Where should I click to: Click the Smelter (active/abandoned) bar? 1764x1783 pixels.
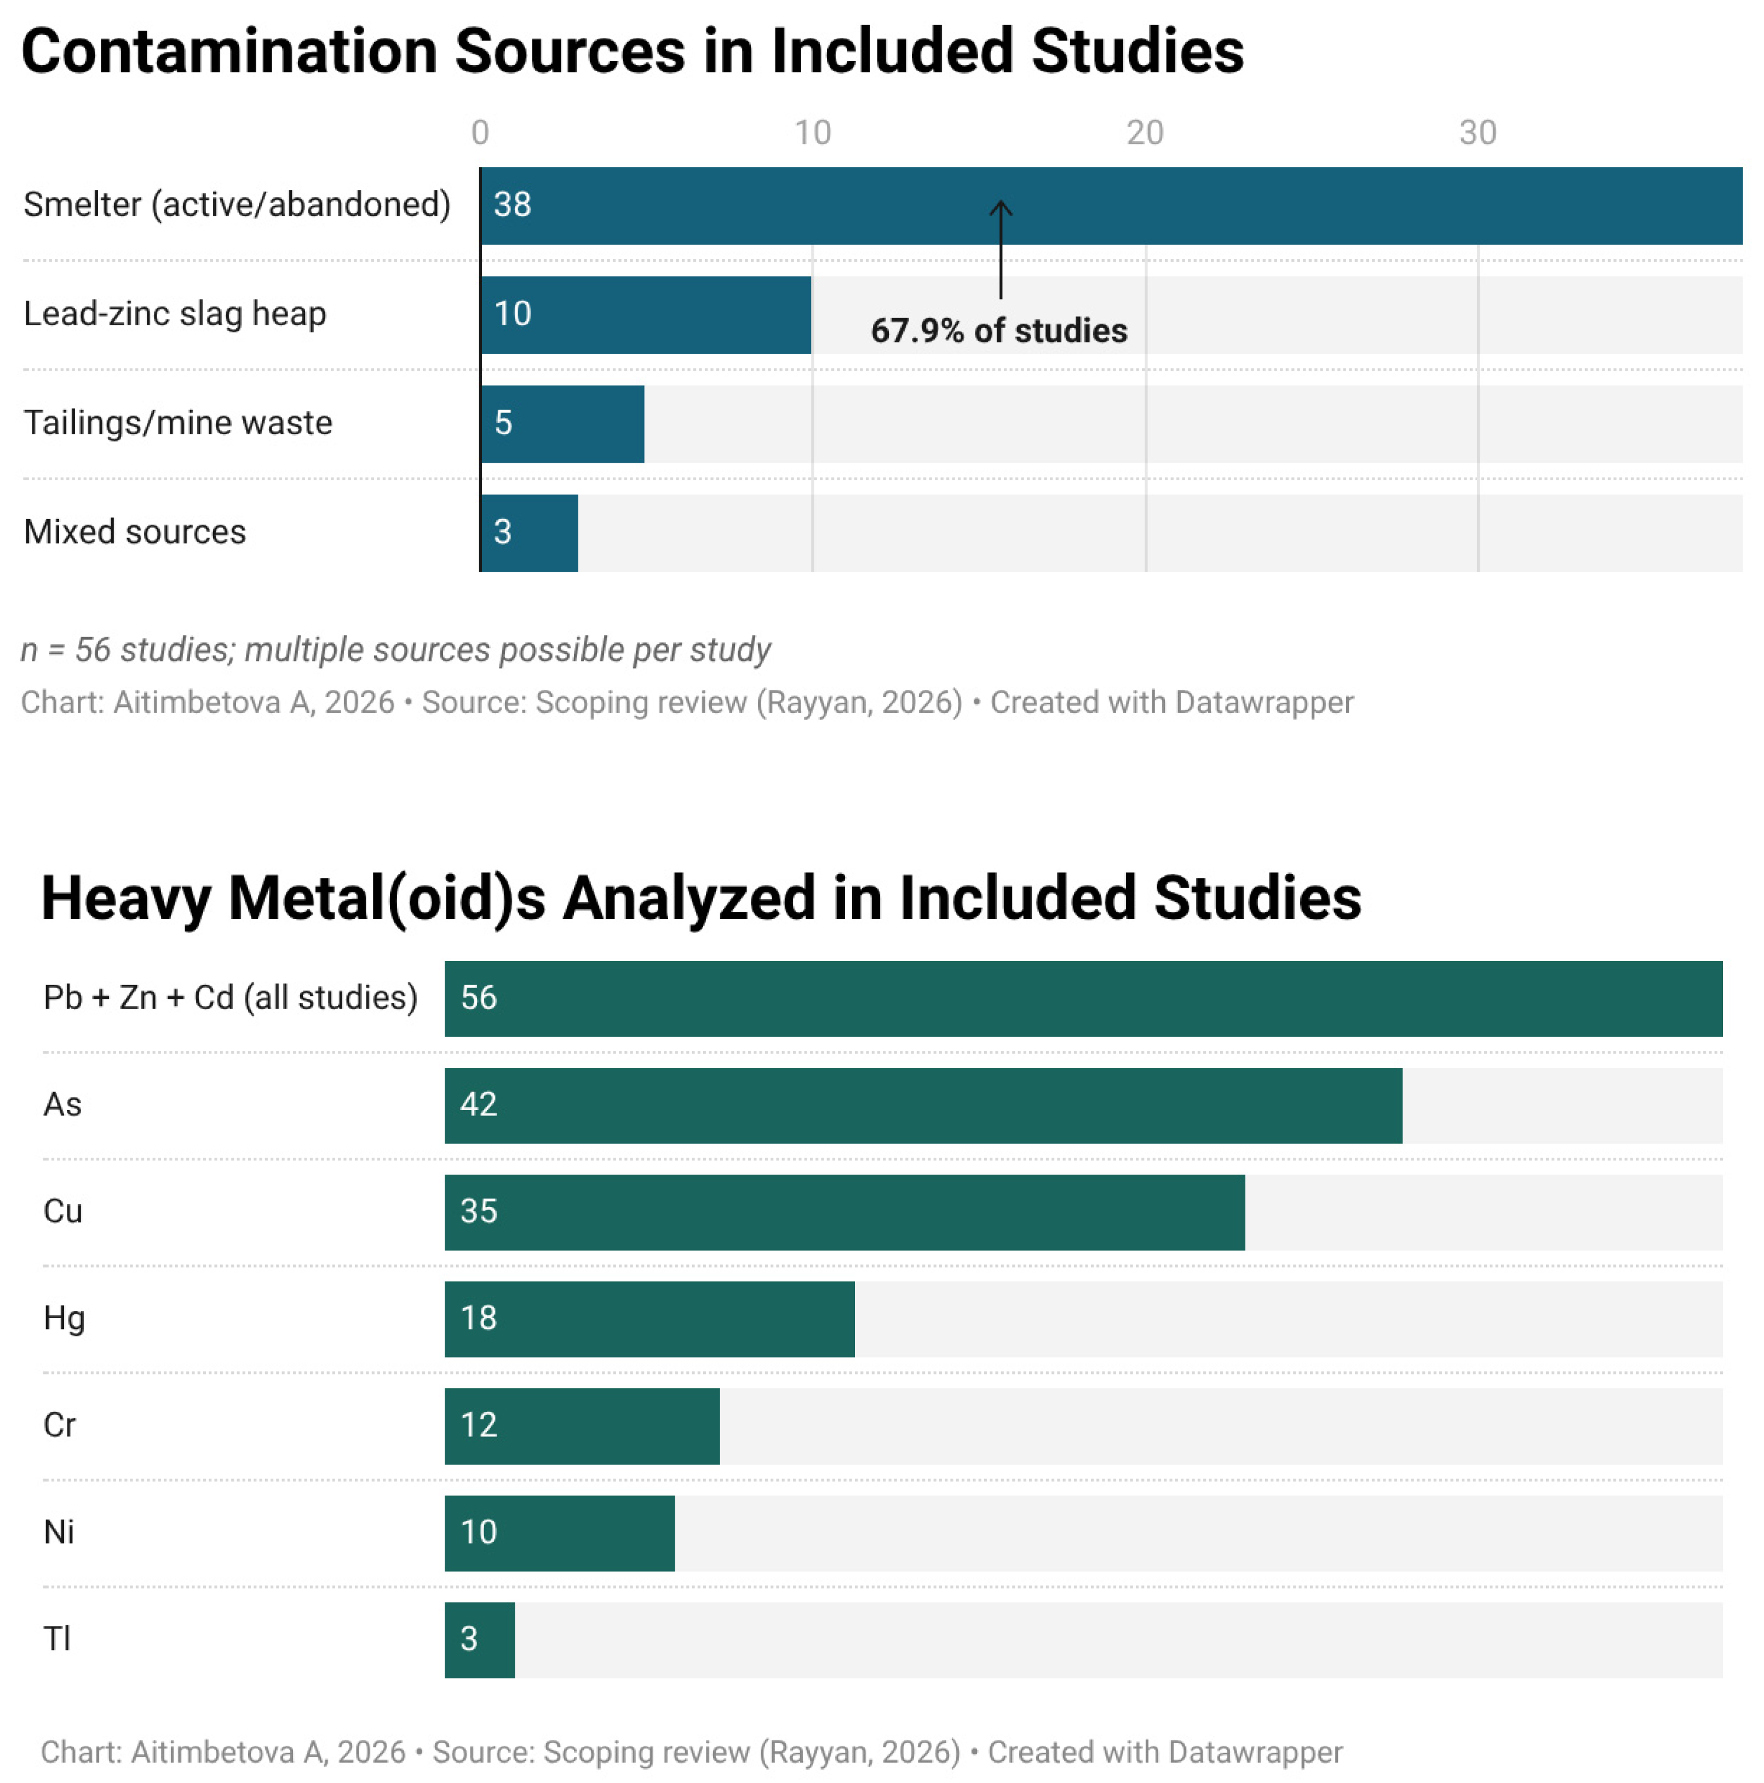pyautogui.click(x=1111, y=206)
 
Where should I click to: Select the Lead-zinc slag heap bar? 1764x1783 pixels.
pyautogui.click(x=646, y=315)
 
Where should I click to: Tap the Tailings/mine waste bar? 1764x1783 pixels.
pyautogui.click(x=562, y=424)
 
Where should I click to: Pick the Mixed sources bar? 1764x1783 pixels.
pyautogui.click(x=529, y=532)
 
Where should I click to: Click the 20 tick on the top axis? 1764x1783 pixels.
pyautogui.click(x=1145, y=133)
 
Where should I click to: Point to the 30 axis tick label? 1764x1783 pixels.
pyautogui.click(x=1477, y=133)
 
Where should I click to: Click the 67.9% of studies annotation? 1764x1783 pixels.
pyautogui.click(x=999, y=330)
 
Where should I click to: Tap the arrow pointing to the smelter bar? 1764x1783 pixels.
pyautogui.click(x=1001, y=249)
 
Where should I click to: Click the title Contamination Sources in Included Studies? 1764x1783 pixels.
pyautogui.click(x=633, y=51)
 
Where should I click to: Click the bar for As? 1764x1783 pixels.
pyautogui.click(x=923, y=1106)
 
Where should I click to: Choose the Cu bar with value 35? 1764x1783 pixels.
pyautogui.click(x=844, y=1212)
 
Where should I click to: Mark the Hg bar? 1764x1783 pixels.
pyautogui.click(x=650, y=1319)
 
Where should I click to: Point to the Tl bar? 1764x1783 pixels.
pyautogui.click(x=480, y=1640)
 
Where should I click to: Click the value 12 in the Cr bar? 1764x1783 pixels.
pyautogui.click(x=479, y=1425)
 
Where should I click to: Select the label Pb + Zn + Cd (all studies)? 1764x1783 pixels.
pyautogui.click(x=231, y=998)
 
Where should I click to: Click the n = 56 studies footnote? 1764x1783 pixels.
pyautogui.click(x=396, y=649)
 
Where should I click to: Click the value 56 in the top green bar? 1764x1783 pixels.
pyautogui.click(x=479, y=998)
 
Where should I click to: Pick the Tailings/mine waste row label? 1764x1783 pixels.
pyautogui.click(x=178, y=423)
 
